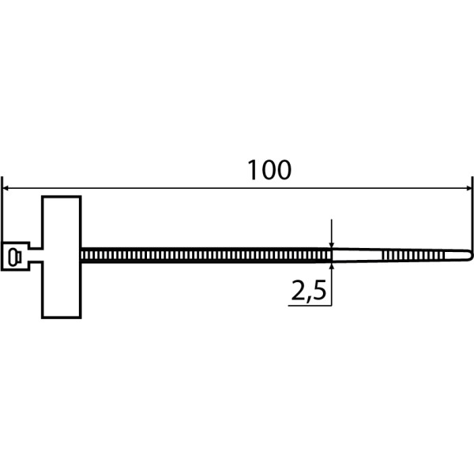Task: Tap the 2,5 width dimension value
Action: click(309, 292)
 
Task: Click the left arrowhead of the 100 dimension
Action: click(7, 189)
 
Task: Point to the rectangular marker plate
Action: click(61, 257)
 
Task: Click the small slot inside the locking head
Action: click(12, 254)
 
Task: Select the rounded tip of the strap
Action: click(468, 254)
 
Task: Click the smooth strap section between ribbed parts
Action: click(359, 254)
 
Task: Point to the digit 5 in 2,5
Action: click(319, 292)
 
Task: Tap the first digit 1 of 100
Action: click(252, 170)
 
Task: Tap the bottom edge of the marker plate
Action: click(61, 318)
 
